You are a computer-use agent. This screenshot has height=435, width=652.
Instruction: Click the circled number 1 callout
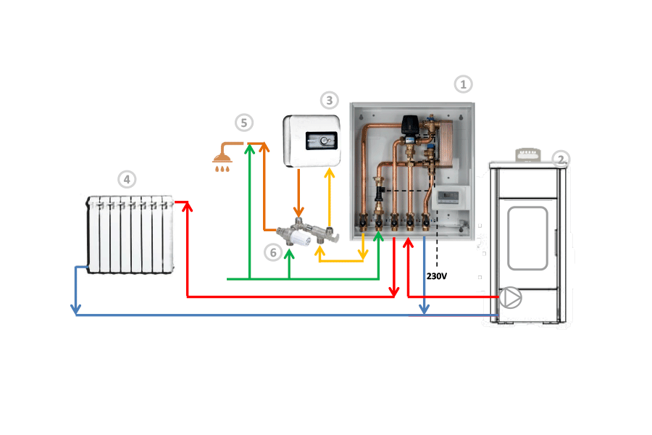pos(463,84)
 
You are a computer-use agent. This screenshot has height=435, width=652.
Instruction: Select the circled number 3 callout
pos(330,100)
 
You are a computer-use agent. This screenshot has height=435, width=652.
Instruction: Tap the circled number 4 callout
pos(127,178)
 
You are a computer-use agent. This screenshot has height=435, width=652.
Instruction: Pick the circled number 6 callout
pos(272,252)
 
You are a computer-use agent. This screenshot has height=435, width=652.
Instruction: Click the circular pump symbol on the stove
pos(510,297)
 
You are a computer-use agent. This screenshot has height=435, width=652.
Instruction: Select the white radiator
pos(130,233)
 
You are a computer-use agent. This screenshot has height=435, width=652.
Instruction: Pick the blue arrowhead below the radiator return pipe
pos(75,310)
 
